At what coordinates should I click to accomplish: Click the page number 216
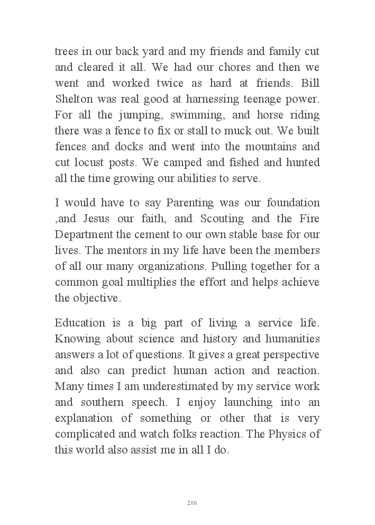click(192, 503)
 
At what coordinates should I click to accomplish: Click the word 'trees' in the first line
click(66, 52)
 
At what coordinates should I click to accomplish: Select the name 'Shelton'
click(72, 100)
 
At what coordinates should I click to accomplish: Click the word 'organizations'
click(177, 267)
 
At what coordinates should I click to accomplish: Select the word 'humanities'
click(292, 339)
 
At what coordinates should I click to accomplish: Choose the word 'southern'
click(104, 402)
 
